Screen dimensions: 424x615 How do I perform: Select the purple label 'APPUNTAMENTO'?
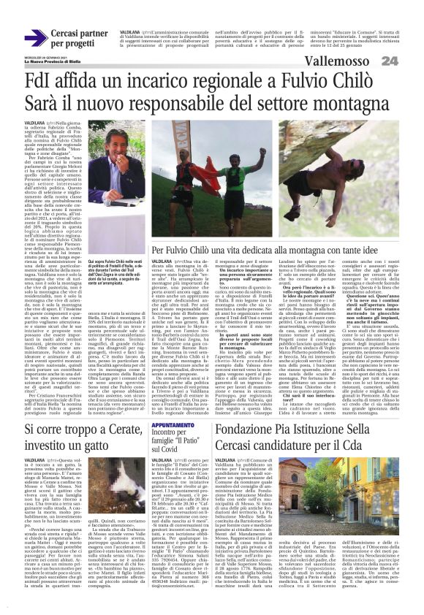coord(173,424)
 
